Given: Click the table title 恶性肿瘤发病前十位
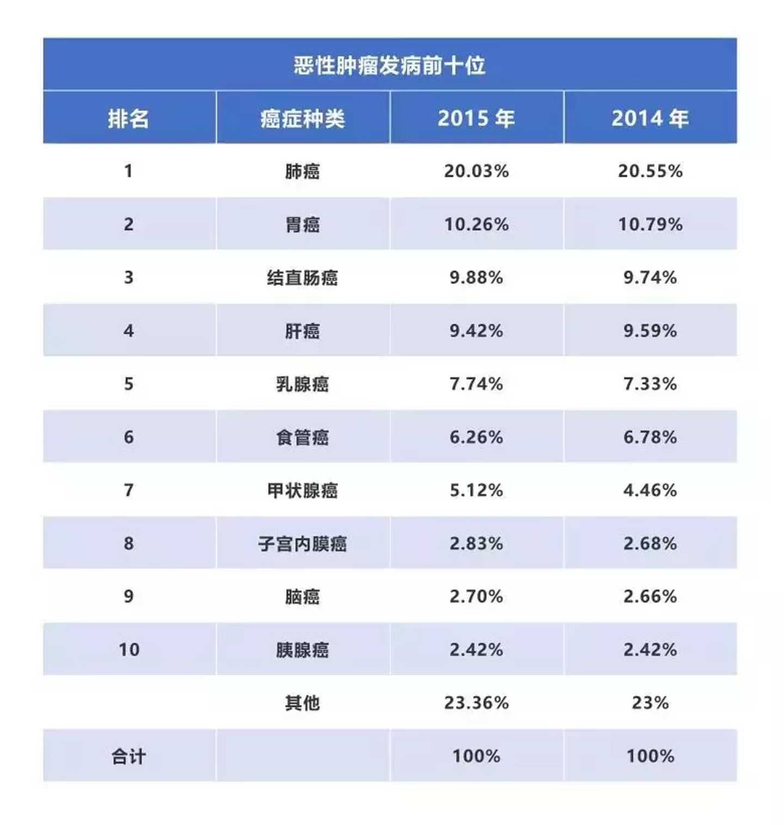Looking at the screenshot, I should tap(389, 65).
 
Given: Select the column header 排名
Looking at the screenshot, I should tap(128, 118).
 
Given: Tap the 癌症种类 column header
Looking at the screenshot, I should tap(302, 118).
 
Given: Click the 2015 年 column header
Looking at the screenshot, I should tap(476, 118).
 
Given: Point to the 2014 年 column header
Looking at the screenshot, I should tap(650, 118).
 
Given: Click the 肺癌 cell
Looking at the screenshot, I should tap(302, 172).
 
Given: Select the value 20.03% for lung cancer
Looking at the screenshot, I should tap(476, 171).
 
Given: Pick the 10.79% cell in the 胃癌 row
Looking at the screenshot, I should tap(650, 224).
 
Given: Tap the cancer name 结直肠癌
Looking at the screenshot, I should tap(302, 278).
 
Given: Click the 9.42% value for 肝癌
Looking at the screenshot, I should tap(476, 331).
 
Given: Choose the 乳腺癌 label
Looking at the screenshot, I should tap(302, 384).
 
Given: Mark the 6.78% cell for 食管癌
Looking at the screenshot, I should tap(650, 437).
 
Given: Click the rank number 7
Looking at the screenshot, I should tap(128, 490).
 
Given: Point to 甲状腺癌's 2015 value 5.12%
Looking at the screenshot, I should tap(476, 490).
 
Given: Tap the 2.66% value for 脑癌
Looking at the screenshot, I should tap(650, 597).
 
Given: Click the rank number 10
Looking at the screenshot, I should tap(129, 650).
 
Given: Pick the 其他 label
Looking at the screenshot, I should tap(302, 703).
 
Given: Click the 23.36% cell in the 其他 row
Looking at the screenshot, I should tap(476, 703).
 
